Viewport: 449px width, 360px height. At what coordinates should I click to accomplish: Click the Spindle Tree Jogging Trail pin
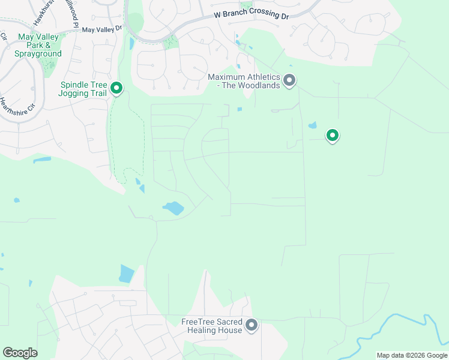click(116, 89)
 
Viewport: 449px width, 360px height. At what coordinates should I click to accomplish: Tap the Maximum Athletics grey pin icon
click(289, 80)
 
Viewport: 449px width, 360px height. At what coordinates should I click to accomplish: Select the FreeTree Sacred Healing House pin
click(252, 325)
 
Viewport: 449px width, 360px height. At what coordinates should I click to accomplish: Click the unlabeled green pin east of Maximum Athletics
click(332, 135)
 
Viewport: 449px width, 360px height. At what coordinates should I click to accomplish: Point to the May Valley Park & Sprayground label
click(40, 45)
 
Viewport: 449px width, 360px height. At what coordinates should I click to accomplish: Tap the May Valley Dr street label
click(101, 29)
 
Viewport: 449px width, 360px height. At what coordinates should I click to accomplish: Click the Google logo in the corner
click(20, 353)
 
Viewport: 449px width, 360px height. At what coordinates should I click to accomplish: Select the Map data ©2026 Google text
click(412, 355)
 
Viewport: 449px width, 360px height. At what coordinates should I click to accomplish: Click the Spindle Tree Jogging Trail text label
click(83, 89)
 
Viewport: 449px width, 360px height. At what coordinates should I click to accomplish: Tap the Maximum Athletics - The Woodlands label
click(244, 81)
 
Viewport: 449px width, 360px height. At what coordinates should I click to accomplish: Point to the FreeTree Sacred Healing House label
click(211, 326)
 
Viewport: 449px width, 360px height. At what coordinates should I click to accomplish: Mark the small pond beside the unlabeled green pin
click(312, 126)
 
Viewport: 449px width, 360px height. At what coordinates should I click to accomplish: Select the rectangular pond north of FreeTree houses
click(127, 273)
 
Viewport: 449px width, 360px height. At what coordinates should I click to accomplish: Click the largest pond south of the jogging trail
click(173, 208)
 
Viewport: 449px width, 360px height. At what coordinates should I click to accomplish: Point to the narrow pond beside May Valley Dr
click(131, 43)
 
